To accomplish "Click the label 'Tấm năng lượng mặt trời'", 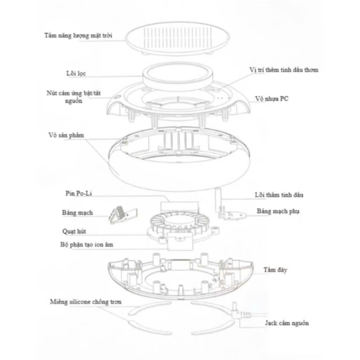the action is (x=78, y=35).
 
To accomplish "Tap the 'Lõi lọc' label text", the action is (x=76, y=73).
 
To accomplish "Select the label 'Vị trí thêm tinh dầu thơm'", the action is (x=284, y=70).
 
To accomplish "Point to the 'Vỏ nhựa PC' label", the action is (x=272, y=98).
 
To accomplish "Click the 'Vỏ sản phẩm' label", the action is (x=66, y=135).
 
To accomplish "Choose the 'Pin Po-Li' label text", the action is (x=79, y=193).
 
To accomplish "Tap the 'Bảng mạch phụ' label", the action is (x=278, y=211).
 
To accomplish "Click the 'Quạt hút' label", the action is (x=74, y=231).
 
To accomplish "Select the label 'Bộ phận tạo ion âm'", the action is (x=87, y=245).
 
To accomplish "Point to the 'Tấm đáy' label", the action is (x=275, y=270).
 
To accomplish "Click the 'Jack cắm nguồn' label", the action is (x=287, y=323).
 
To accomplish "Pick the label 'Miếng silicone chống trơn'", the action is (x=86, y=302).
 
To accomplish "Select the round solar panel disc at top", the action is (x=177, y=38).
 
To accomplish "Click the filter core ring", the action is (x=178, y=73).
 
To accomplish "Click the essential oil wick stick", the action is (x=218, y=200).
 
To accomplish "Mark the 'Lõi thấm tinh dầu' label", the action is (x=279, y=195).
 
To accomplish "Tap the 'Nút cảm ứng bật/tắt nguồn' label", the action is (x=74, y=97).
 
